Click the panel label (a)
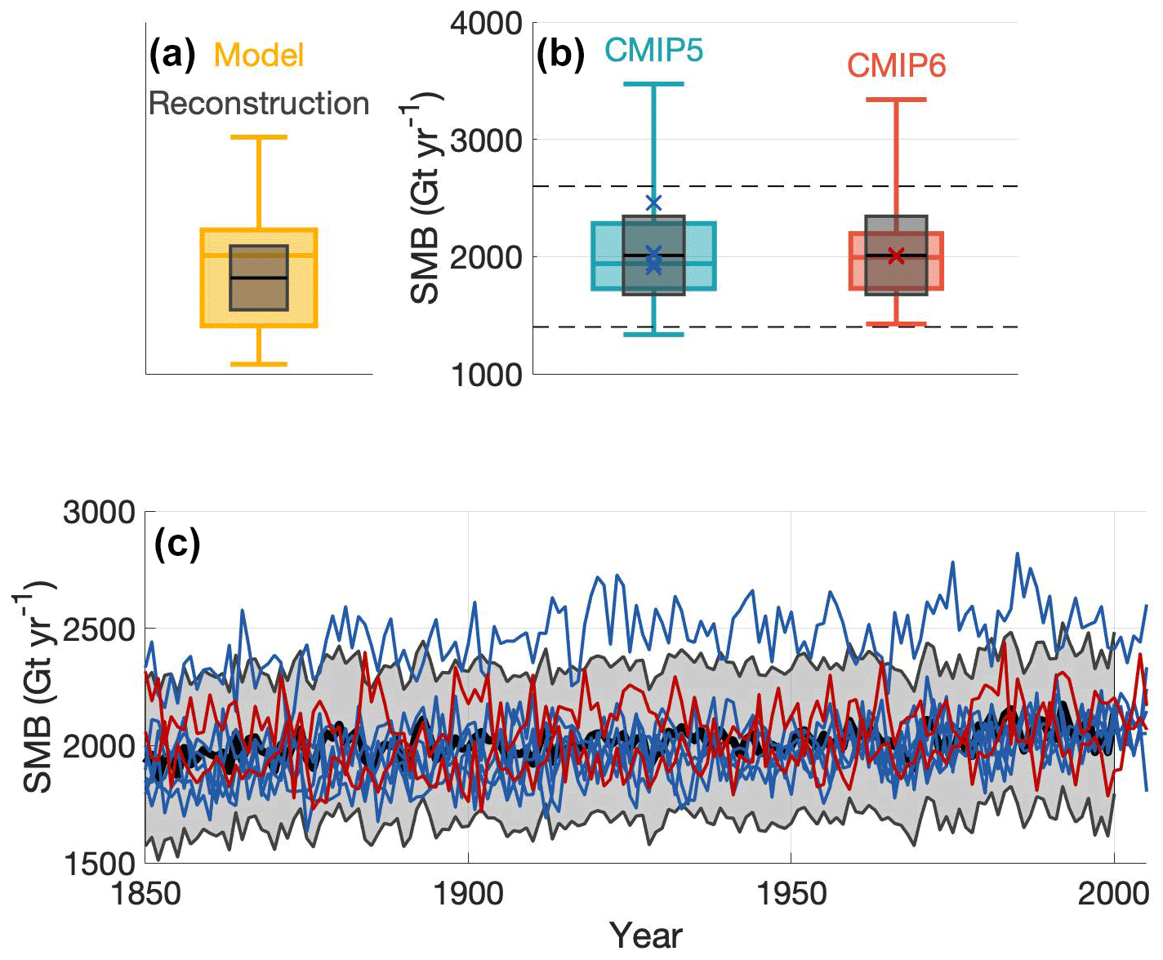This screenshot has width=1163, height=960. point(172,55)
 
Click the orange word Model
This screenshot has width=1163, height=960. point(258,56)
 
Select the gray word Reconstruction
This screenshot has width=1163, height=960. point(258,104)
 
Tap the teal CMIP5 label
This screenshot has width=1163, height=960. point(653,51)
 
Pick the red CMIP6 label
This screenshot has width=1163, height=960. point(896,65)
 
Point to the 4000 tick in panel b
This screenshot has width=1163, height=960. point(486,24)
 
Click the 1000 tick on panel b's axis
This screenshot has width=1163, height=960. point(486,374)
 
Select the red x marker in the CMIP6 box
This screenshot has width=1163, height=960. point(896,256)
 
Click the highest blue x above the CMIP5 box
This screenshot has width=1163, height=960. point(653,203)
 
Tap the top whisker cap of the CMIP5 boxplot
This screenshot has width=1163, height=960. point(653,84)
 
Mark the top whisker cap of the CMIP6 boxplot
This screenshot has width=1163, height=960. point(896,100)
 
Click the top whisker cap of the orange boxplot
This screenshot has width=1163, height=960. point(258,137)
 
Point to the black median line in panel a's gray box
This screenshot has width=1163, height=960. point(258,278)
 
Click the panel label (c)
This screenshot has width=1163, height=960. point(176,544)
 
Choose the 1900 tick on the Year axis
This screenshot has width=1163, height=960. point(467,894)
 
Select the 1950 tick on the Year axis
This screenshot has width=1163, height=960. point(790,894)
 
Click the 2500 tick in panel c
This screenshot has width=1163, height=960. point(98,629)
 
